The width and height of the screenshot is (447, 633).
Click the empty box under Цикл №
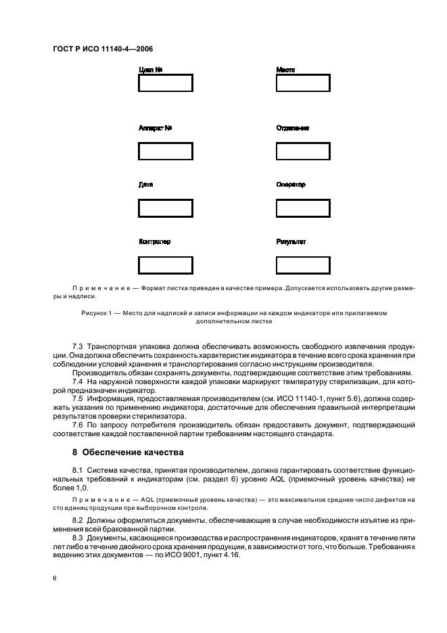(x=165, y=83)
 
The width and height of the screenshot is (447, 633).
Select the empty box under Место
(x=303, y=83)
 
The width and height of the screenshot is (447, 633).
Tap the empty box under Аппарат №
(x=165, y=151)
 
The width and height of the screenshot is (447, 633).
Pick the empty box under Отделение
(x=303, y=151)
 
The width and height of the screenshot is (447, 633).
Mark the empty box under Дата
(x=165, y=208)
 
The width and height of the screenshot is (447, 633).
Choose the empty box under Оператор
(x=303, y=208)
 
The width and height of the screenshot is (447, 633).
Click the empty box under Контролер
(x=165, y=265)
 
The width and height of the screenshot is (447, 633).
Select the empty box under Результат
(x=303, y=265)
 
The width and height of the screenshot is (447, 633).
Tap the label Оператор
(x=291, y=184)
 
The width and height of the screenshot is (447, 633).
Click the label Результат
(x=291, y=241)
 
